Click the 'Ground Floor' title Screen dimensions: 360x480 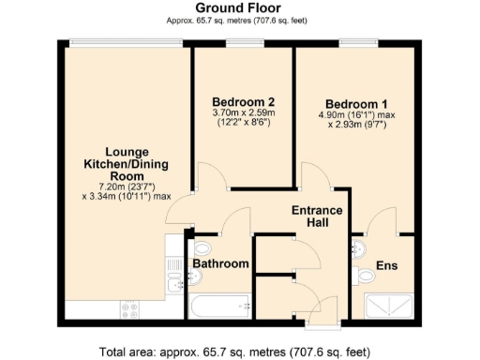tap(239, 7)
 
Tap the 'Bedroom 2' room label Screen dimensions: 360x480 tap(243, 101)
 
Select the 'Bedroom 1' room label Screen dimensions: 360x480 tap(356, 104)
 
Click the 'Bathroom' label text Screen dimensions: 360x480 tap(221, 264)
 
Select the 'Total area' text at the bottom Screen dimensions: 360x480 tap(239, 352)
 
